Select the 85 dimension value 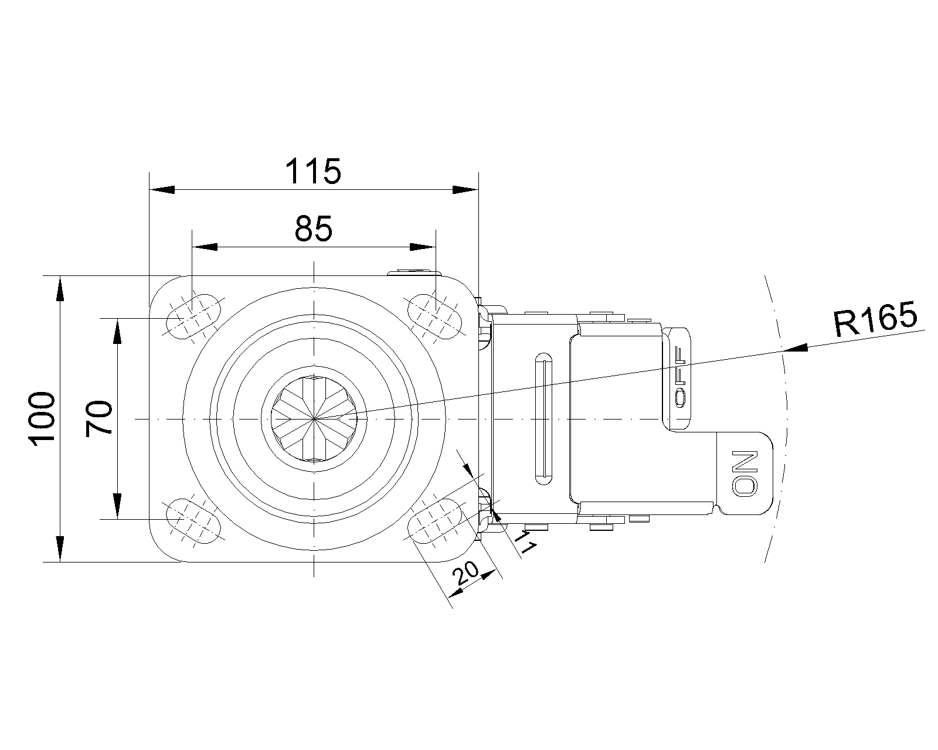coord(314,229)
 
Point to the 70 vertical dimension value coord(98,419)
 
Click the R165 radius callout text coord(875,319)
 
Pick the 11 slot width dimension coord(525,541)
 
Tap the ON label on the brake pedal coord(745,473)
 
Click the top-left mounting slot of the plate coord(193,317)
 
